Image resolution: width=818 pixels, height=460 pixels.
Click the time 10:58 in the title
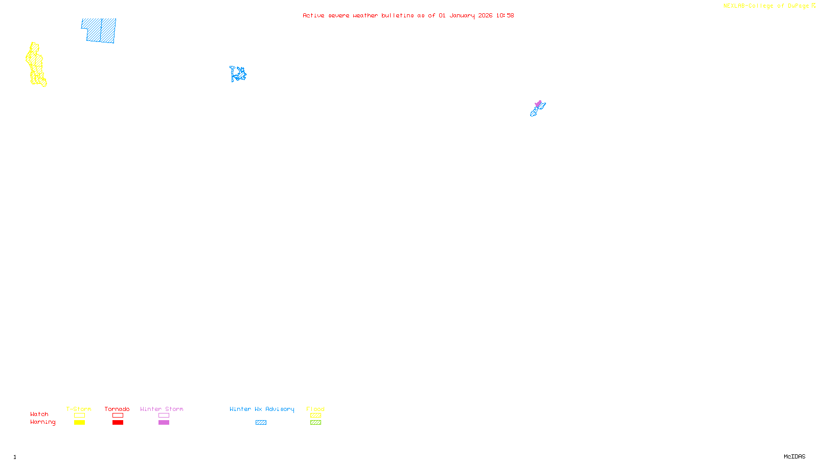pos(505,15)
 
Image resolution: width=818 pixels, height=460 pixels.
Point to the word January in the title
pos(462,15)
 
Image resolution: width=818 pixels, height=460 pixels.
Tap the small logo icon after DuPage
pos(813,6)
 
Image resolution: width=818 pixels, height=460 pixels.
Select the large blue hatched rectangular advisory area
pos(99,30)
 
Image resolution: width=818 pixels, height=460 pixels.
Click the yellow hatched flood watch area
pos(36,65)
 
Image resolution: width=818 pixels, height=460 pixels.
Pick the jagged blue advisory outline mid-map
pos(238,74)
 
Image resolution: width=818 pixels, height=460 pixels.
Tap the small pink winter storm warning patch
pos(538,104)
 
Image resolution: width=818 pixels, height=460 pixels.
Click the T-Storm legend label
pos(79,409)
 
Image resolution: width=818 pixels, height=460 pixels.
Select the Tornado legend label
pos(117,409)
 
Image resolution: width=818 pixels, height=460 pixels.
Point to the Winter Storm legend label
pos(162,409)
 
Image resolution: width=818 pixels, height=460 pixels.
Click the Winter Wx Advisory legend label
pos(262,409)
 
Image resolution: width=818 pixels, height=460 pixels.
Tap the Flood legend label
pos(315,409)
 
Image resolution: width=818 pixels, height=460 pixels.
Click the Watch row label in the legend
pos(39,414)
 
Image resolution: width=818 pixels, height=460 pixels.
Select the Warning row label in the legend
pos(42,422)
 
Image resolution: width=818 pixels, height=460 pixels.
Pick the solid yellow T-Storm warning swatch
pos(79,423)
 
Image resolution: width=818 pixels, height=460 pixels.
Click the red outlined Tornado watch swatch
pos(118,416)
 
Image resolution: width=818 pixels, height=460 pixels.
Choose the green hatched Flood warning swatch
pos(315,423)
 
